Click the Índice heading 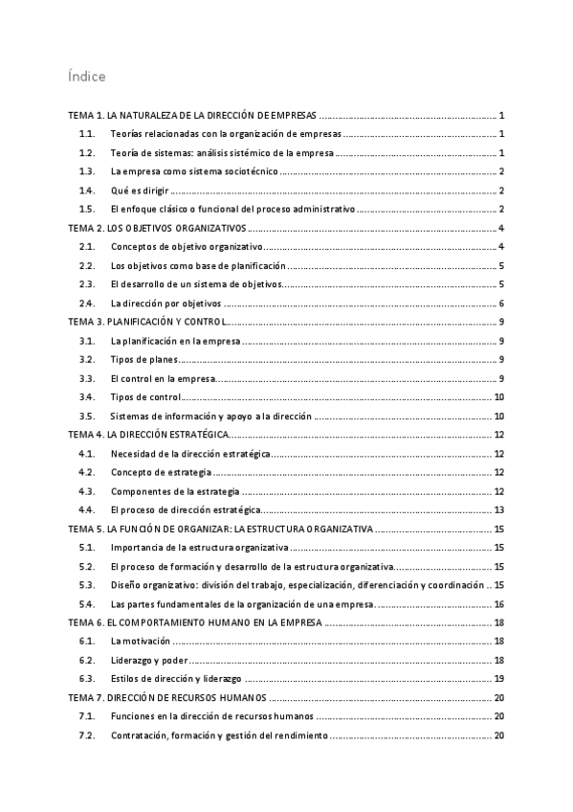click(x=86, y=76)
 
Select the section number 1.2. click(x=88, y=153)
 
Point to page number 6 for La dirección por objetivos click(x=501, y=303)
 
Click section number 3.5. click(x=88, y=416)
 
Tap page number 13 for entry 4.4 click(x=498, y=509)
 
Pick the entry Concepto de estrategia click(x=159, y=472)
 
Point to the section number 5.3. click(x=88, y=585)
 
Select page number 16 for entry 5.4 click(x=498, y=604)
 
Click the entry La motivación click(x=140, y=642)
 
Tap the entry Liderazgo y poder click(x=148, y=660)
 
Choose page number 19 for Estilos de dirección click(x=498, y=679)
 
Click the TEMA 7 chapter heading click(x=166, y=698)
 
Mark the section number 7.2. click(x=88, y=735)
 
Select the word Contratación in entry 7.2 click(x=141, y=735)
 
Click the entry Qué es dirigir click(x=143, y=191)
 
